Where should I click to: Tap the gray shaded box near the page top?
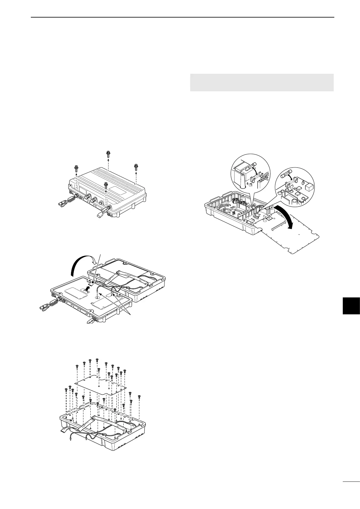261,82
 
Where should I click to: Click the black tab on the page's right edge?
352,306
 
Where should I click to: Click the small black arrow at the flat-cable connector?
87,288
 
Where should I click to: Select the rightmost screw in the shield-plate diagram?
139,397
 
